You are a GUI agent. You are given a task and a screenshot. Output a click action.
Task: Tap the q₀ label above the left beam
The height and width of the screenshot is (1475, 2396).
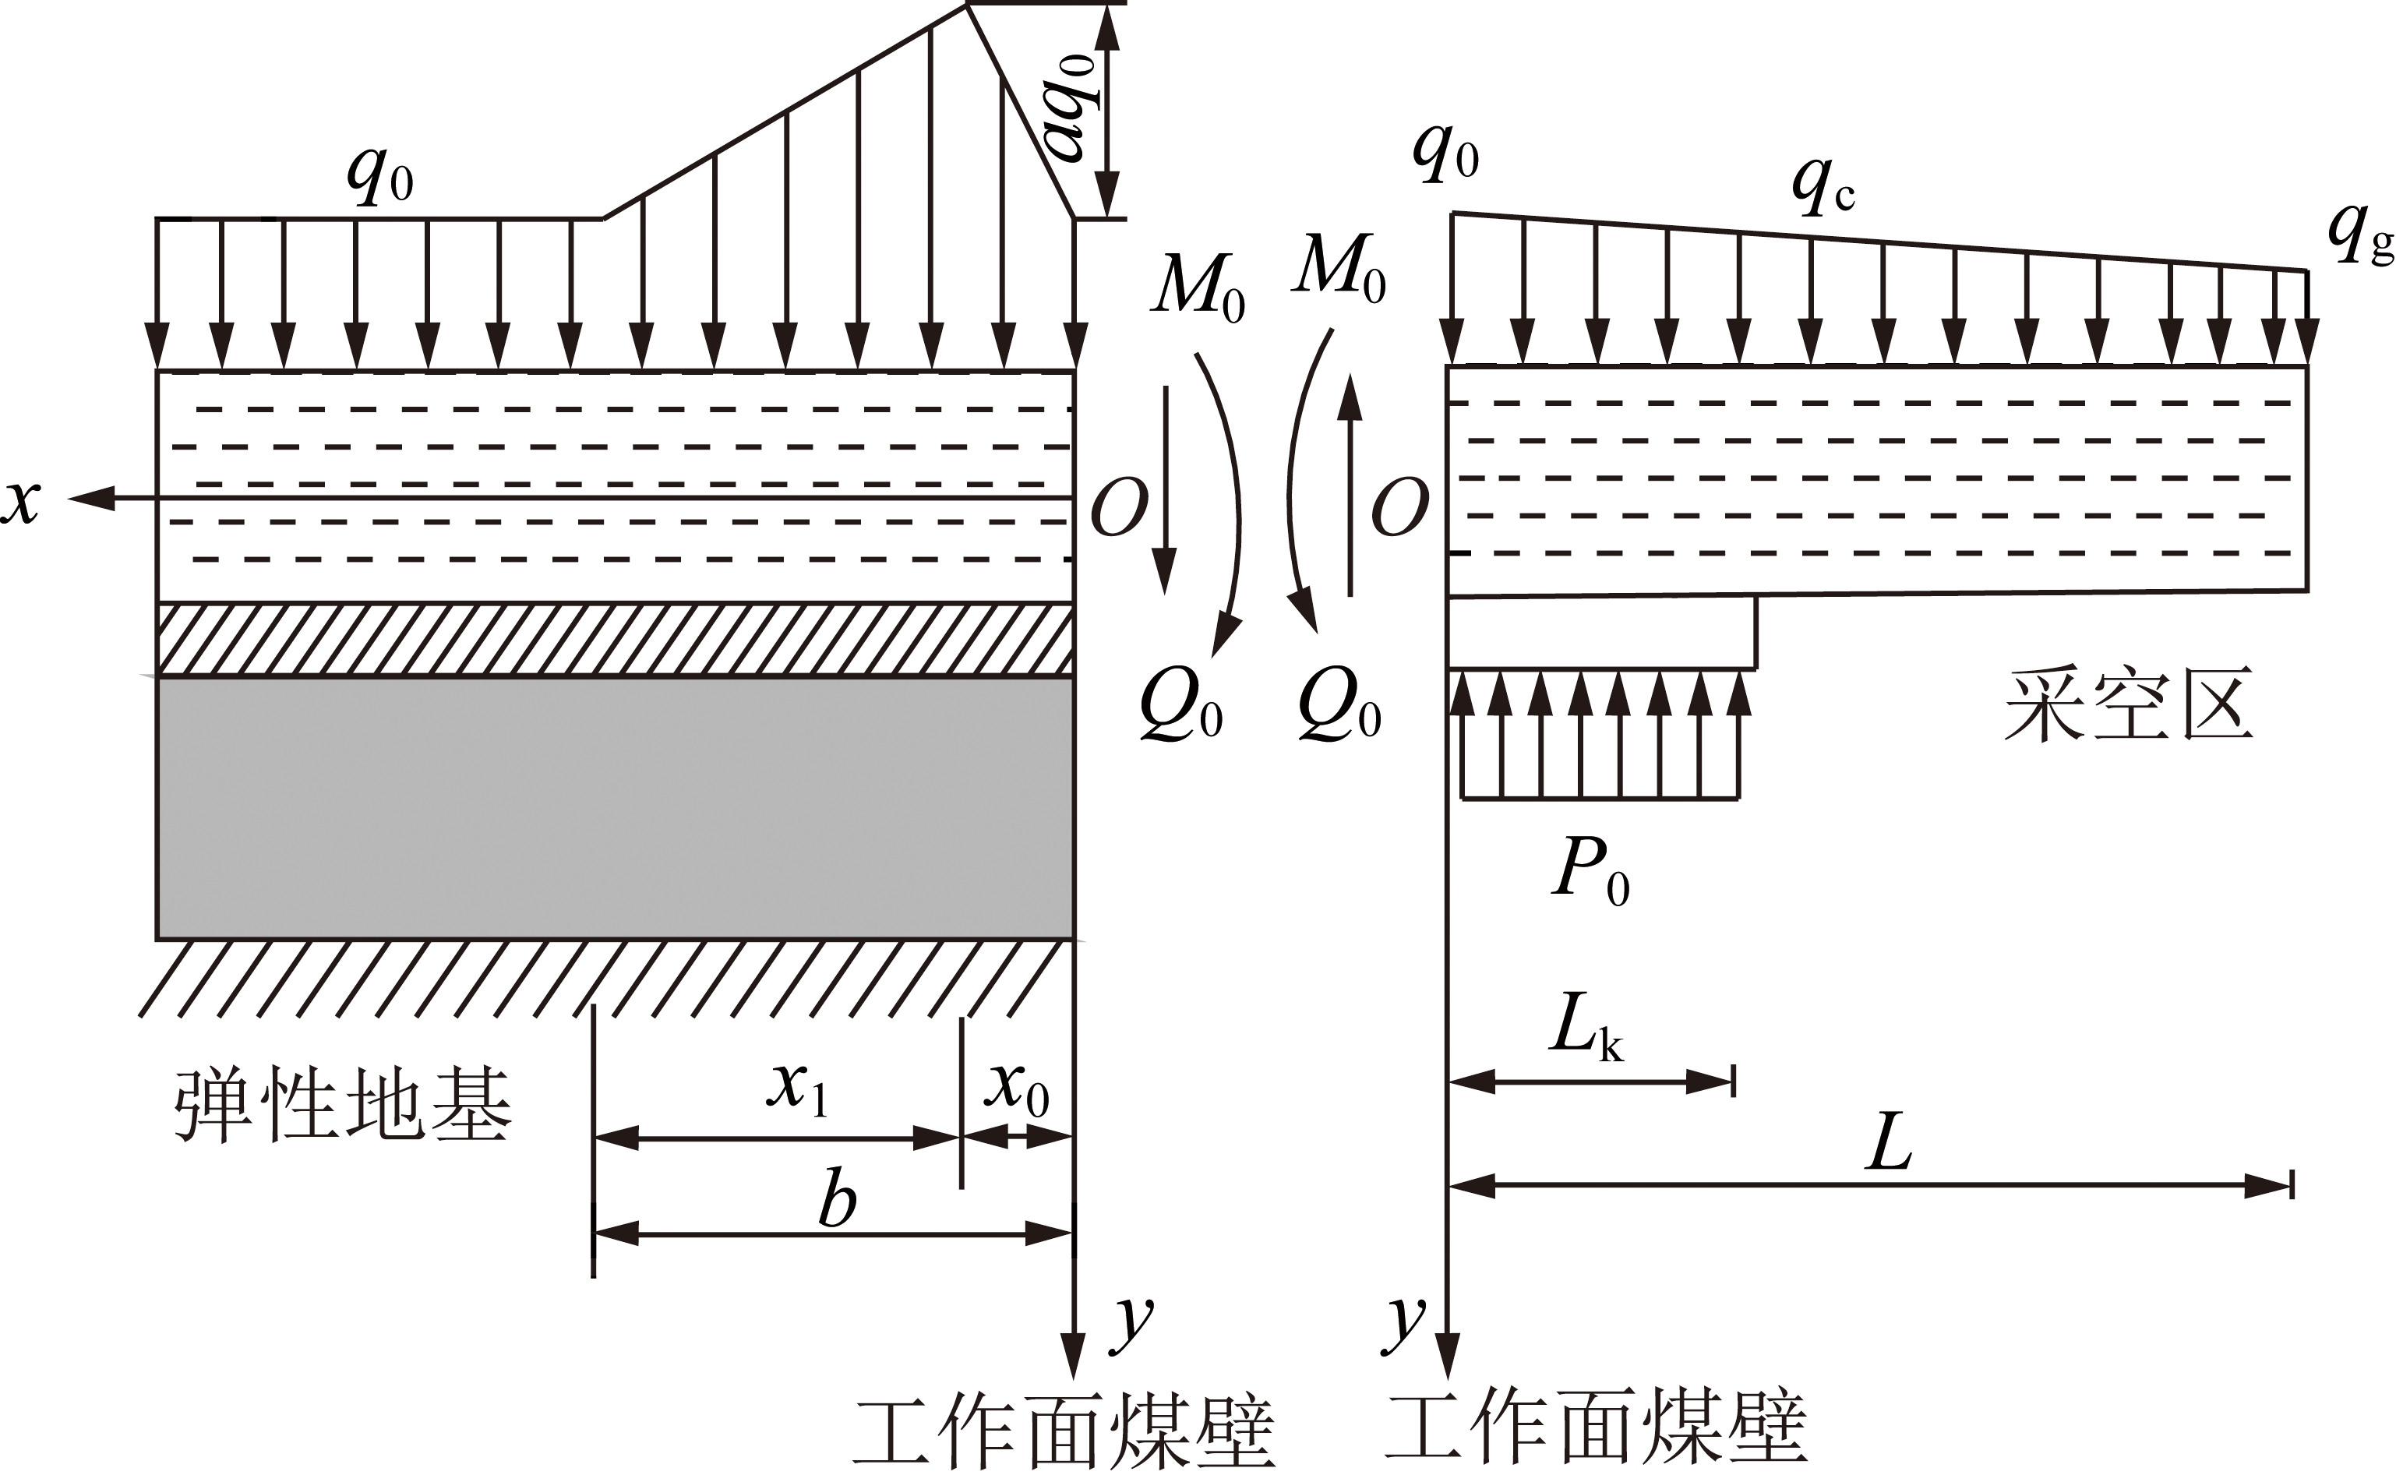pyautogui.click(x=380, y=175)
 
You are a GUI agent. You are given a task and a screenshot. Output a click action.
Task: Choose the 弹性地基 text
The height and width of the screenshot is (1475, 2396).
pyautogui.click(x=344, y=1104)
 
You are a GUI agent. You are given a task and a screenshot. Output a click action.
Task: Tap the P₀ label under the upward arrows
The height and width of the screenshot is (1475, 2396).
pyautogui.click(x=1591, y=871)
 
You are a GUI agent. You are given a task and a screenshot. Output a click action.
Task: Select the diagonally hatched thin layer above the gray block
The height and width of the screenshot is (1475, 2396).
pyautogui.click(x=616, y=639)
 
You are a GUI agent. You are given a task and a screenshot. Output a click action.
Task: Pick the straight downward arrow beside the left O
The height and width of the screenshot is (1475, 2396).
pyautogui.click(x=1164, y=489)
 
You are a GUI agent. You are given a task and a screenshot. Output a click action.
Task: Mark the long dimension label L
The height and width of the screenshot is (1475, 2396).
pyautogui.click(x=1890, y=1142)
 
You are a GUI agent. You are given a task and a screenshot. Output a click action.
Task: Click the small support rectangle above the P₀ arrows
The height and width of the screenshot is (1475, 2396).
pyautogui.click(x=1602, y=632)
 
